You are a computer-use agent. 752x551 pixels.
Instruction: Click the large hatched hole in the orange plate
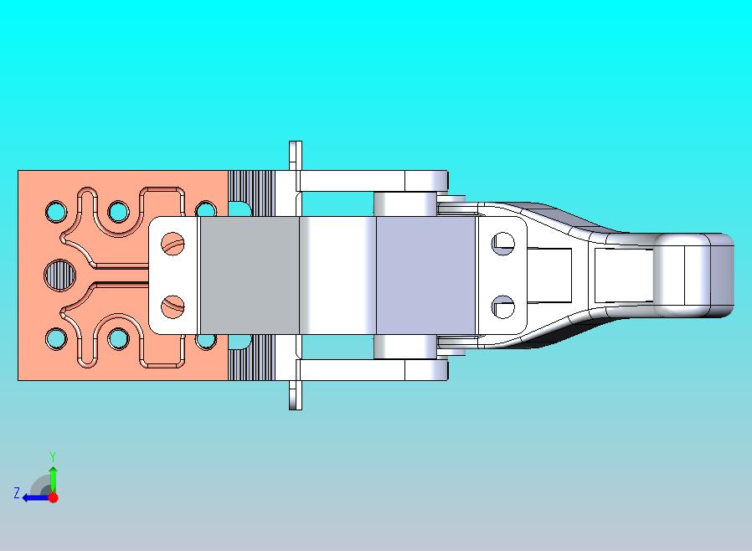tap(59, 274)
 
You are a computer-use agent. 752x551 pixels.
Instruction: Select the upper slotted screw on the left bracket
tap(173, 245)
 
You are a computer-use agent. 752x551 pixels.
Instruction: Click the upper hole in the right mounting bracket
tap(502, 244)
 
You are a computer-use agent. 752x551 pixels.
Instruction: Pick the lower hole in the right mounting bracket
tap(502, 306)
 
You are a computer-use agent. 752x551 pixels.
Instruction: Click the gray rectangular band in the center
tap(249, 275)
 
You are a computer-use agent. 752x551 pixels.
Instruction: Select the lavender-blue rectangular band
tap(425, 275)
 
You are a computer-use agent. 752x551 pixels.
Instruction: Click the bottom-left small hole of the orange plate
tap(56, 338)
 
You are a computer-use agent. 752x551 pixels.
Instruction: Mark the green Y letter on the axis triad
tap(52, 457)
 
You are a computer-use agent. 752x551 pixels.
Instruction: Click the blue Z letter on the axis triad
tap(16, 493)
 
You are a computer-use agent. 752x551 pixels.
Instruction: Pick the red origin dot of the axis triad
tap(53, 497)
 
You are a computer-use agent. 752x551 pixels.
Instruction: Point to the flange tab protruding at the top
tap(294, 155)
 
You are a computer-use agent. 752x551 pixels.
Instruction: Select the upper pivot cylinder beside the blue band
tap(404, 203)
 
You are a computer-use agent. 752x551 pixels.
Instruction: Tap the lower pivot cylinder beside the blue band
tap(404, 347)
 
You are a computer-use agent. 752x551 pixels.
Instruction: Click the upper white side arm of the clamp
tap(360, 180)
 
